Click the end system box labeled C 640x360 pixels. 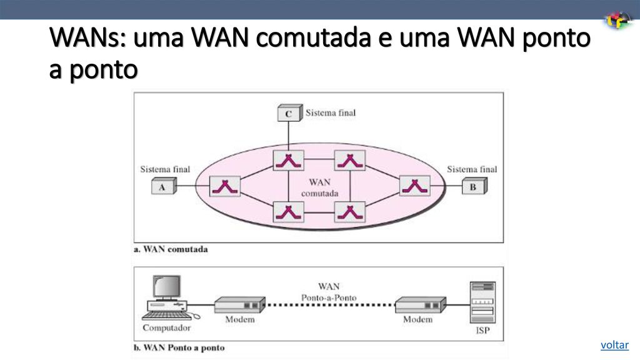[x=289, y=114]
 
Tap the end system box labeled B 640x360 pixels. [x=474, y=186]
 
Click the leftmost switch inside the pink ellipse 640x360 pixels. [x=226, y=186]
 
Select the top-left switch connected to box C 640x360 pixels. [x=288, y=161]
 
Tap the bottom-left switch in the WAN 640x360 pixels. [x=288, y=212]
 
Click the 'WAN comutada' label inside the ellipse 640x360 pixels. [x=319, y=187]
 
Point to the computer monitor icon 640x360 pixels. [x=167, y=287]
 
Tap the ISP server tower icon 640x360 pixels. [x=482, y=302]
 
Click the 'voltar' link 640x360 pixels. [x=614, y=345]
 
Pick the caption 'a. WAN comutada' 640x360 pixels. [x=171, y=249]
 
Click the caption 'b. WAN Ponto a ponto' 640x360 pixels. [x=179, y=347]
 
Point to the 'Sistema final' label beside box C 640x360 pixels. [x=331, y=113]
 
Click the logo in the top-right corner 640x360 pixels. [x=618, y=21]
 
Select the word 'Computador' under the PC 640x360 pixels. [x=167, y=327]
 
